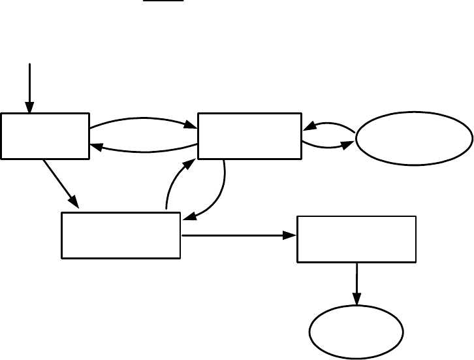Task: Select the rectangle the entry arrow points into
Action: point(45,136)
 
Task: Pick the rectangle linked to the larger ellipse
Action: point(250,136)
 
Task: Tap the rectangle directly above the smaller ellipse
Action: point(356,238)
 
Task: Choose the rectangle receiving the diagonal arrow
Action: point(121,235)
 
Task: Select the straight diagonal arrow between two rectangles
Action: point(60,182)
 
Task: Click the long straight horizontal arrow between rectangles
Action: point(235,235)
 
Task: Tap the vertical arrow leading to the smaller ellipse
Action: point(356,281)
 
